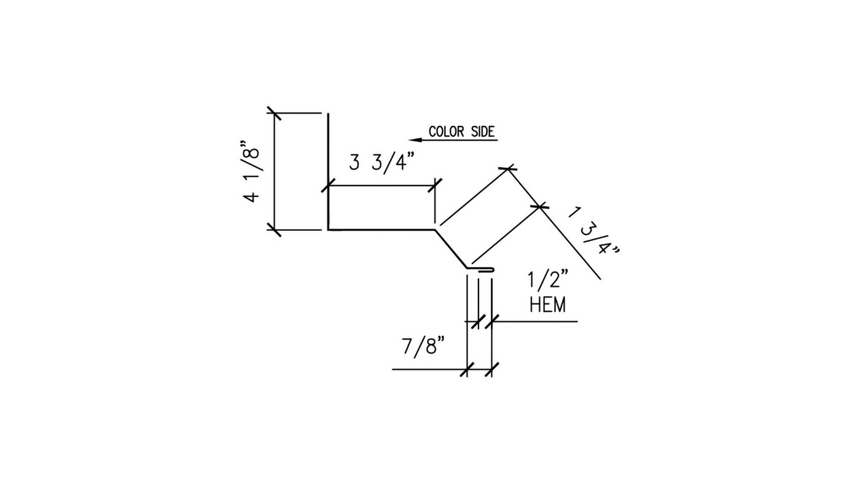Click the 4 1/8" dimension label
coord(251,171)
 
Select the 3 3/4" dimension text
coord(382,163)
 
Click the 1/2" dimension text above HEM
coord(548,280)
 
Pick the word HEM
coord(548,305)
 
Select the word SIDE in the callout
coord(483,131)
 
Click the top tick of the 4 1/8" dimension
coord(274,113)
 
